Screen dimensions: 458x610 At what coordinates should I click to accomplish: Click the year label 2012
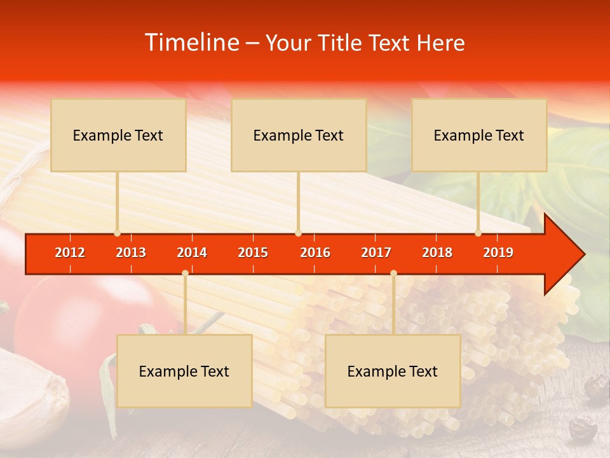point(70,253)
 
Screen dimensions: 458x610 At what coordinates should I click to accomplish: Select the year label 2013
point(131,253)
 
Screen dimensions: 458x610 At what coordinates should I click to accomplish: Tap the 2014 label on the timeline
point(192,253)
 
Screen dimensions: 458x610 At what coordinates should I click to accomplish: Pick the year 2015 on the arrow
point(253,253)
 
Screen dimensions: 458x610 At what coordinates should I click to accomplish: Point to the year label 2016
point(315,253)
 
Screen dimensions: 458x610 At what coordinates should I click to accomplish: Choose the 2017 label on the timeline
point(376,253)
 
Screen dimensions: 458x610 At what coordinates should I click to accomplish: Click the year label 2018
point(437,253)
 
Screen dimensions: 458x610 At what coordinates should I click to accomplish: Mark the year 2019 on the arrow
point(498,253)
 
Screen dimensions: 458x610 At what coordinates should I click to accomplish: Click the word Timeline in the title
point(191,43)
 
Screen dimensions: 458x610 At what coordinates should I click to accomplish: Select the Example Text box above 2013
point(118,135)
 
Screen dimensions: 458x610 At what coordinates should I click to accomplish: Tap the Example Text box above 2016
point(299,135)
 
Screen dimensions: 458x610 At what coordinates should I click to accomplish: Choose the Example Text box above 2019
point(479,135)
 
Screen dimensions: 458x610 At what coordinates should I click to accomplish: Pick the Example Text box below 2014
point(184,371)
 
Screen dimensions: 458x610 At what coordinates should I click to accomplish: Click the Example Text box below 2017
point(393,371)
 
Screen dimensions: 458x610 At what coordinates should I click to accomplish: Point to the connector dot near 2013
point(117,233)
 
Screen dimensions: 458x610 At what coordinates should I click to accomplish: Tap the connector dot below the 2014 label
point(185,273)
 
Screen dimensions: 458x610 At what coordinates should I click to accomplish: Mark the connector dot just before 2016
point(298,233)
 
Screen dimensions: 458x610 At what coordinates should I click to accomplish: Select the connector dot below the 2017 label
point(393,273)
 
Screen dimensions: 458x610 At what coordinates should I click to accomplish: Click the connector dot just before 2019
point(478,233)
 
